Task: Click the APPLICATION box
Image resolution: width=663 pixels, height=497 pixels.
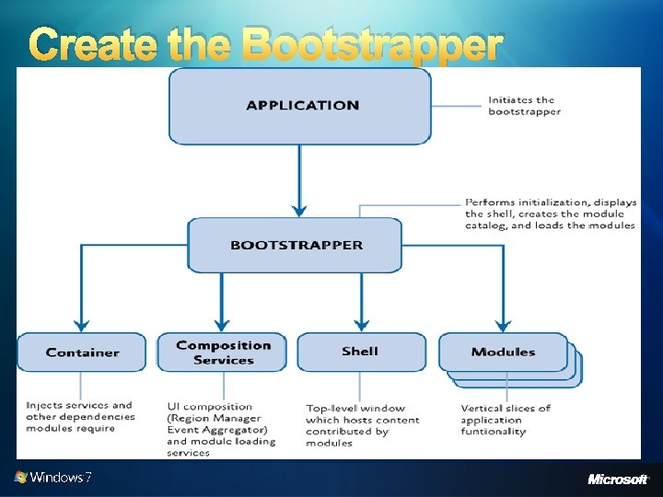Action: click(301, 106)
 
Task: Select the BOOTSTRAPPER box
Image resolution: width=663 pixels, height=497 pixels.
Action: click(296, 245)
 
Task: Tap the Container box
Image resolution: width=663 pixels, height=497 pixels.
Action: click(82, 353)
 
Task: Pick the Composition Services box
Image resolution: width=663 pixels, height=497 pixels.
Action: click(223, 353)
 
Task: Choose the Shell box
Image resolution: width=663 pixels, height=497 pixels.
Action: click(360, 352)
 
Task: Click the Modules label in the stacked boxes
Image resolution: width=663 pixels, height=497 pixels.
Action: click(503, 352)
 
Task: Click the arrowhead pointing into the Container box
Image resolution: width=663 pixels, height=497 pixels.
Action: click(82, 325)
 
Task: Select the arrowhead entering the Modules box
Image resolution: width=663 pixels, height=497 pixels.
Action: click(503, 325)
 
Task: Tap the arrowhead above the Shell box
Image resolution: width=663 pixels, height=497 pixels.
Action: click(361, 325)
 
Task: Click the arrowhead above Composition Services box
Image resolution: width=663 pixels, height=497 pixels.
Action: click(222, 325)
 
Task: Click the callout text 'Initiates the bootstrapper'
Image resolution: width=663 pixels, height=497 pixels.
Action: click(524, 106)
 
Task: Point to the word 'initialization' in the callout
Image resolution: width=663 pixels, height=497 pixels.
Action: click(556, 202)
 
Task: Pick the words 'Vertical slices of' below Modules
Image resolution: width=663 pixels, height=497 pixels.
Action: click(506, 408)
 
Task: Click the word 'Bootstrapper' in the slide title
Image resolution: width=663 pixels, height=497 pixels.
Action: click(373, 46)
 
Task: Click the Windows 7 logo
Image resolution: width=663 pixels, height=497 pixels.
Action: click(52, 477)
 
